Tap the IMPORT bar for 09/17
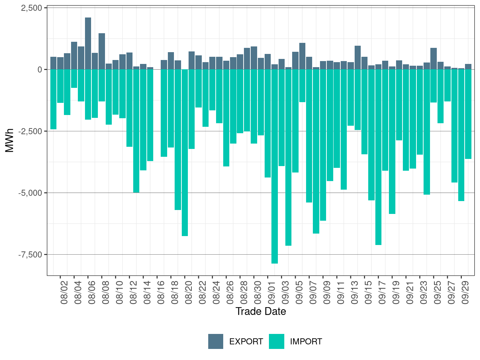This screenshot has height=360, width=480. coord(378,157)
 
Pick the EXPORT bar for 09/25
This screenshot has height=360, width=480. coord(434,59)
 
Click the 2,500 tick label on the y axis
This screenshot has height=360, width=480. coord(31,8)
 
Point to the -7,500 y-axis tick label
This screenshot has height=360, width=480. coord(30,255)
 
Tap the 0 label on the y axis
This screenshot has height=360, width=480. coord(40,70)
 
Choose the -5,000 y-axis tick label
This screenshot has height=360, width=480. coord(30,193)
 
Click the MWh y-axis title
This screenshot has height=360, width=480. coord(10,140)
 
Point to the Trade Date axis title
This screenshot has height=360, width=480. coord(261,311)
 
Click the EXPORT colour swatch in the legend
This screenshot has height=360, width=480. coord(216,341)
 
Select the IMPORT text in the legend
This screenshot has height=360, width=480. coord(306,342)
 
